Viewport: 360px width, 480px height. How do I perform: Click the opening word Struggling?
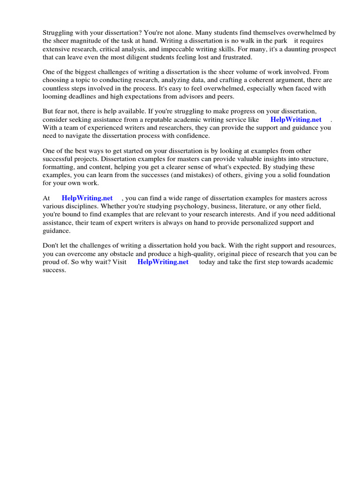click(x=59, y=33)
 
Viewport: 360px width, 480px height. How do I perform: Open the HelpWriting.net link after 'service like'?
click(x=296, y=120)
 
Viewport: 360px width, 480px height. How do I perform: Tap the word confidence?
click(x=194, y=135)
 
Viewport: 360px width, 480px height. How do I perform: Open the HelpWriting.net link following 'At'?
click(x=87, y=198)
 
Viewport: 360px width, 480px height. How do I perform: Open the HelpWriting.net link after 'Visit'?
click(x=163, y=262)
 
